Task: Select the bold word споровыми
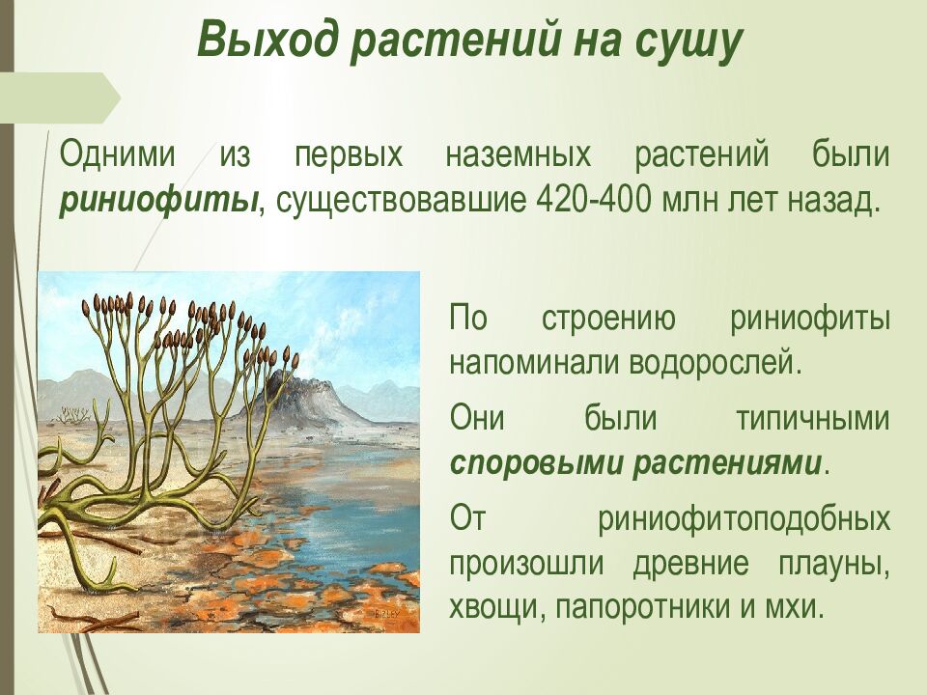(537, 463)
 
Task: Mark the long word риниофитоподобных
(744, 518)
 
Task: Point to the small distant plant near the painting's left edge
(70, 415)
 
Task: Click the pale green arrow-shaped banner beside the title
(63, 97)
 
